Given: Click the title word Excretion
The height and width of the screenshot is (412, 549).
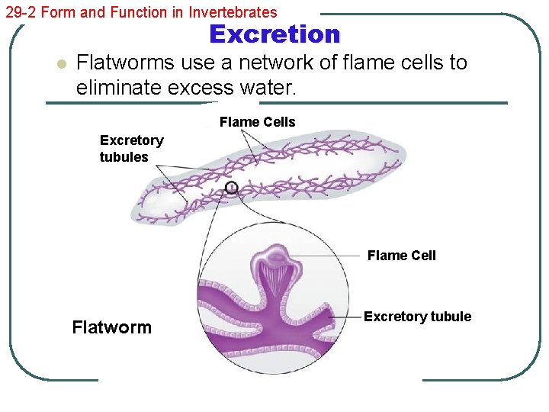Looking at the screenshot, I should tap(274, 34).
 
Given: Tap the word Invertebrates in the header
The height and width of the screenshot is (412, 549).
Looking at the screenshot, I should tap(236, 12).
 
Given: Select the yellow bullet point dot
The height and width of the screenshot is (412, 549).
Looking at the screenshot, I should tap(61, 64).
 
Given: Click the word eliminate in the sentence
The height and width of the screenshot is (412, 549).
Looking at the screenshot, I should tap(122, 88).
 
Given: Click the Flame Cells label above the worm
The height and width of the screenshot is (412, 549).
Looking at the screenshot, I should tap(257, 122).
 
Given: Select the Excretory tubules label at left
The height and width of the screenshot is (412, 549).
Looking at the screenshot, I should tap(131, 149).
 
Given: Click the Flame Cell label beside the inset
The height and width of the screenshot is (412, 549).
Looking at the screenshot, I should tap(401, 256).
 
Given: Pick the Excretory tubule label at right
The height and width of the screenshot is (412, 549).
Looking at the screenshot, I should tap(417, 317).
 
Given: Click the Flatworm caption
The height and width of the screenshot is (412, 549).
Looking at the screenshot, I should tap(111, 327).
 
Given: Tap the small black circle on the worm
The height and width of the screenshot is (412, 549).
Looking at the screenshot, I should tap(232, 187).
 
